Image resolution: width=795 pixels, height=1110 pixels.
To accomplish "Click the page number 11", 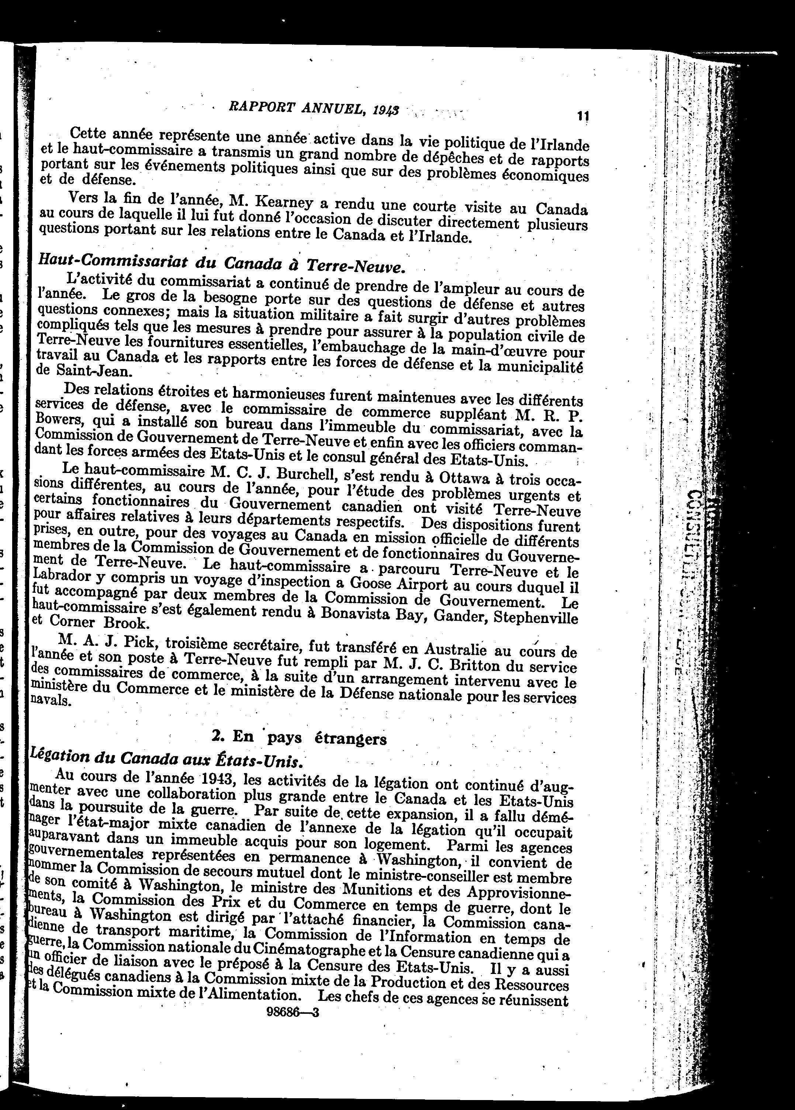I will tap(582, 116).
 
